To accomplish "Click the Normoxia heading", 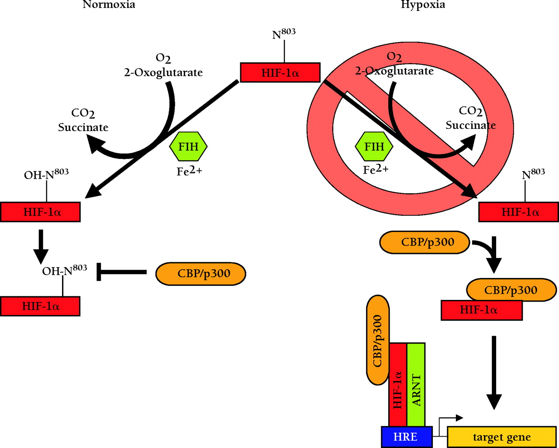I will click(109, 5).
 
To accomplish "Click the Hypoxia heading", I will click(423, 5).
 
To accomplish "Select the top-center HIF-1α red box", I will click(280, 73).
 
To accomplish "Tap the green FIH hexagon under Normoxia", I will click(188, 147).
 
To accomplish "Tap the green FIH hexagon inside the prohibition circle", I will click(374, 147).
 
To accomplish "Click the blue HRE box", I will click(406, 437).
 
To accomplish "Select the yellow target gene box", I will click(501, 437).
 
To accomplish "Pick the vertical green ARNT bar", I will click(416, 384).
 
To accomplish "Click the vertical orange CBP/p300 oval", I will click(378, 340).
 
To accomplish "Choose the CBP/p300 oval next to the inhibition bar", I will click(201, 274).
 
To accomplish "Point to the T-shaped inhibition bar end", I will click(99, 272).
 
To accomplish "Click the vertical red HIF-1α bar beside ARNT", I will click(397, 385).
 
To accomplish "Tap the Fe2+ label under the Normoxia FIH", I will click(189, 171).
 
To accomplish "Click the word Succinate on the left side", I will click(83, 128).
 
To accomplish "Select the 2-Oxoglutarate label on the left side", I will click(163, 73).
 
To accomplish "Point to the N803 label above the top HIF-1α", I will click(283, 34).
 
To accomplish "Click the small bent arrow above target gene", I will click(450, 419).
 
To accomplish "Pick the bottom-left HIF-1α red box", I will click(40, 306).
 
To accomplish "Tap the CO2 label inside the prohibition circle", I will click(470, 111).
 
